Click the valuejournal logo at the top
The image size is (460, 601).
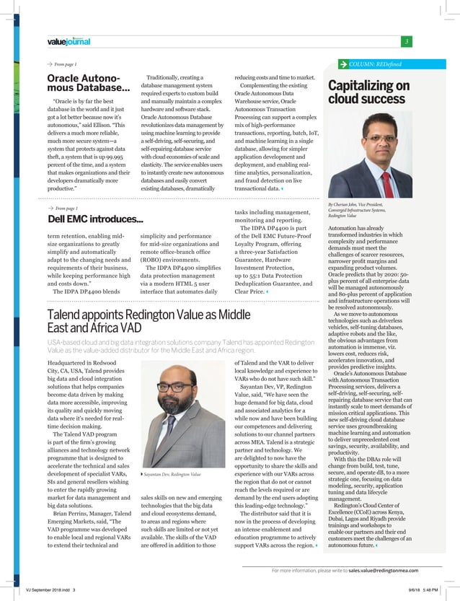pos(68,42)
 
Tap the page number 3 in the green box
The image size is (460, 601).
pos(407,41)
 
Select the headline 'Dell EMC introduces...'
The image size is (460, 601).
pos(94,219)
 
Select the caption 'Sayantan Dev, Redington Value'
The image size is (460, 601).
pos(172,474)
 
